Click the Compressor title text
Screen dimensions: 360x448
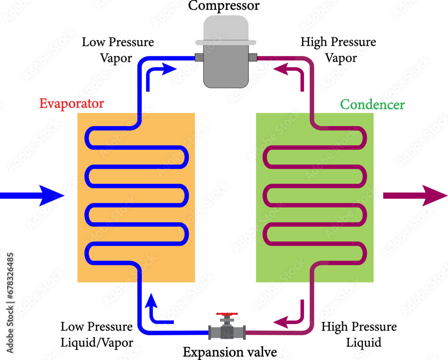tap(224, 6)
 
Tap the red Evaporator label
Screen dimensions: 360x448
tap(72, 104)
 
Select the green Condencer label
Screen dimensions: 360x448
tap(372, 105)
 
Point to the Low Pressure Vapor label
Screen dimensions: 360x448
tap(118, 50)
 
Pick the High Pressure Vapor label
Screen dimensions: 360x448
tap(338, 50)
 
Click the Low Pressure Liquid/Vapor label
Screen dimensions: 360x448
tap(97, 335)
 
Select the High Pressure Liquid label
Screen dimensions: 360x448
tap(359, 335)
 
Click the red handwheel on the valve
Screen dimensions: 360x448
tap(227, 315)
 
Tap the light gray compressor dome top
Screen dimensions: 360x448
tap(226, 29)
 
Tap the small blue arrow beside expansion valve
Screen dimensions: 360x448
tap(157, 311)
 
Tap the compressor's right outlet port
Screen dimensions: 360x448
tap(252, 57)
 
